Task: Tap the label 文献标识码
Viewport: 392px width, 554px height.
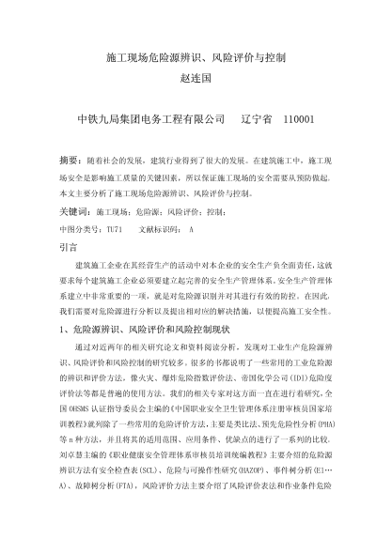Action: [x=159, y=228]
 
